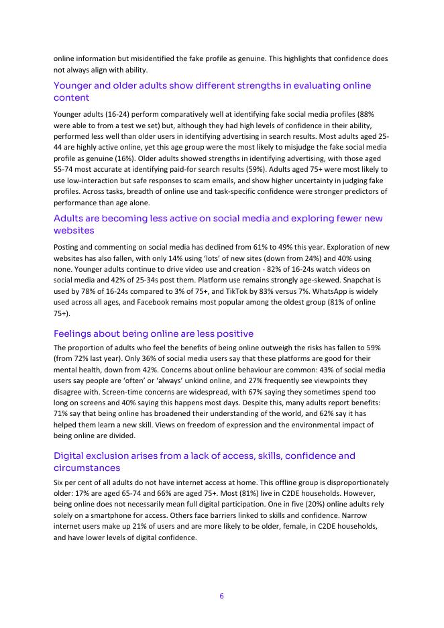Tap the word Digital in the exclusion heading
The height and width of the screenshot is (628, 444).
(71, 456)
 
